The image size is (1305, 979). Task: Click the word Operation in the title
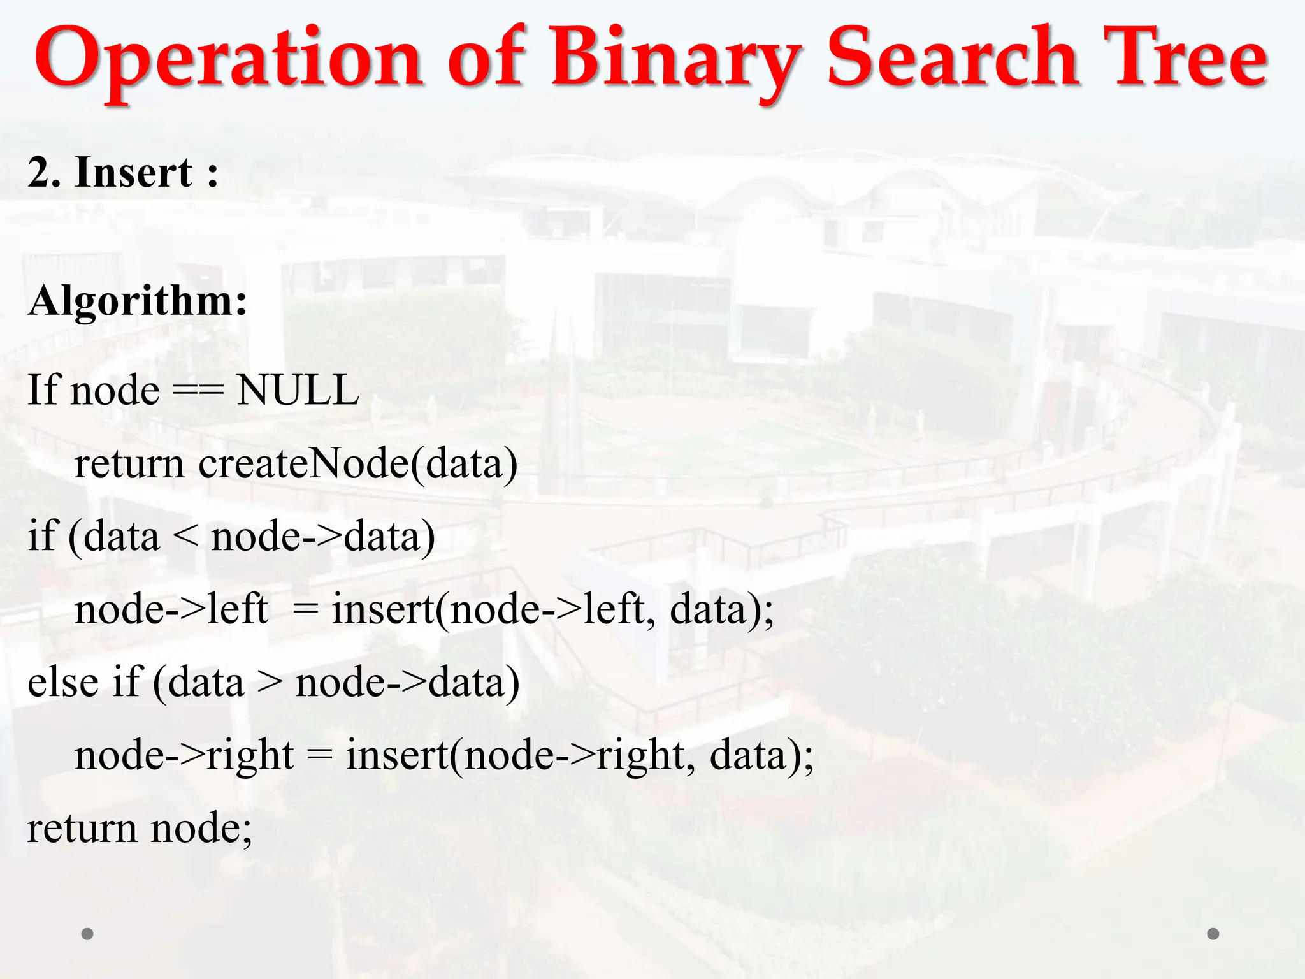228,59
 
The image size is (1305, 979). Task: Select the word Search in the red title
953,59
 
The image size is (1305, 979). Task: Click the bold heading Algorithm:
138,300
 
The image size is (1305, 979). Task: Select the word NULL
298,390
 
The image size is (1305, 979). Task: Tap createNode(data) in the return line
358,463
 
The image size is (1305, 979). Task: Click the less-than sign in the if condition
185,537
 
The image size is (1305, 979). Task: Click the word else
63,682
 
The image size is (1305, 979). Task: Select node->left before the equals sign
171,609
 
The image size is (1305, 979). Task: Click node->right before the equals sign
184,756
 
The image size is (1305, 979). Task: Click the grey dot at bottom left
87,934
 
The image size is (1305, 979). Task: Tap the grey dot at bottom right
1213,934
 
